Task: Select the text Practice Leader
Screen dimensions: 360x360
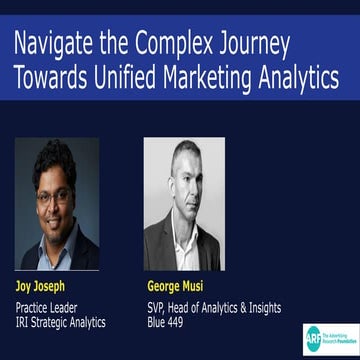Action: pos(51,307)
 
